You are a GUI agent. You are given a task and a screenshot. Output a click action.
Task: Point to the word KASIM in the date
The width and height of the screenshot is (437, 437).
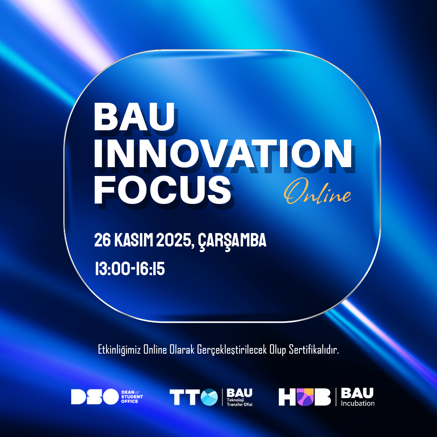[x=136, y=241]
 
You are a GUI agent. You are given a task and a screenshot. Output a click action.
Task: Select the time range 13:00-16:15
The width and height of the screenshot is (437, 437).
[x=129, y=269]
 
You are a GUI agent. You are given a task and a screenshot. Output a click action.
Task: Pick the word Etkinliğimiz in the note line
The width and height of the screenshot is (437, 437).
[x=120, y=350]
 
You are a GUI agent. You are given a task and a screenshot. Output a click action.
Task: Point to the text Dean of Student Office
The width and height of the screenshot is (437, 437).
[x=132, y=397]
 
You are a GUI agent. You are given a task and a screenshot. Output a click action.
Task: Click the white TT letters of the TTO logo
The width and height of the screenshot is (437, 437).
[x=185, y=397]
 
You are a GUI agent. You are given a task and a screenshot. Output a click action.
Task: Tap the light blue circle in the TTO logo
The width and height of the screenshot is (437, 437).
[x=209, y=397]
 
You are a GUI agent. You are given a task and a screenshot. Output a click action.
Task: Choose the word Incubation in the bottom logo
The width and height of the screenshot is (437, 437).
[x=358, y=403]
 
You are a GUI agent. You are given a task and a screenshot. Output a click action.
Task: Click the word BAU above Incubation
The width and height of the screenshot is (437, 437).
[x=357, y=393]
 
